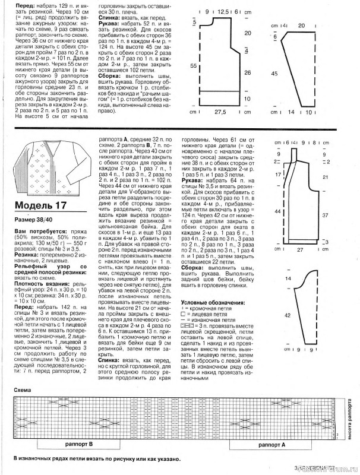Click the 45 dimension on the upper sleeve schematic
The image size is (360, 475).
click(274, 74)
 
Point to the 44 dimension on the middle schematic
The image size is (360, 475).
click(277, 211)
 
